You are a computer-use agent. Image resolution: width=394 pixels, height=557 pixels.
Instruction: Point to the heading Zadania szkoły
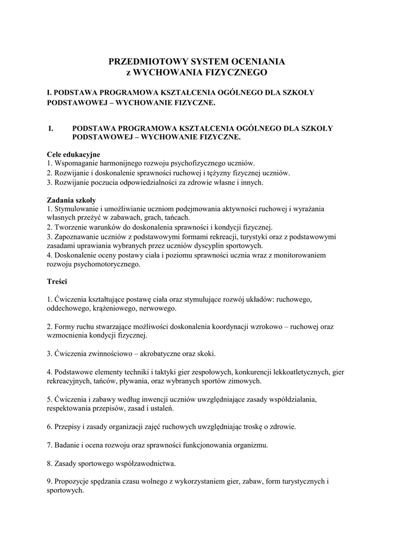[72, 200]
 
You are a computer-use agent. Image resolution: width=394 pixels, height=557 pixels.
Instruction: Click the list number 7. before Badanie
[49, 445]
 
